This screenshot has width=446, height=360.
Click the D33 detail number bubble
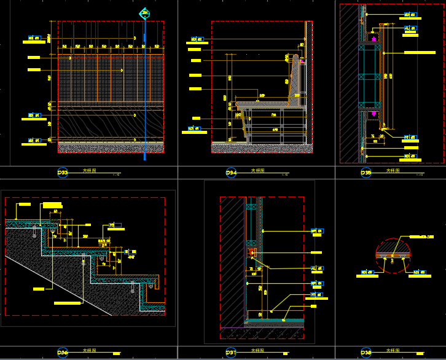pyautogui.click(x=63, y=173)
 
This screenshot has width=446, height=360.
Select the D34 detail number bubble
pyautogui.click(x=231, y=173)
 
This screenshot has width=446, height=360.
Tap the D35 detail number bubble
pyautogui.click(x=366, y=173)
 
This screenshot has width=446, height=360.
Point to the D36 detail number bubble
pyautogui.click(x=63, y=352)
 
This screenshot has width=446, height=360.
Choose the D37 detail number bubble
pyautogui.click(x=231, y=352)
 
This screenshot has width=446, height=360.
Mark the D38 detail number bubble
pyautogui.click(x=366, y=352)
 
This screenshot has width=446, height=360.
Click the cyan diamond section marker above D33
pyautogui.click(x=144, y=13)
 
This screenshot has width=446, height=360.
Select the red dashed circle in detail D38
pyautogui.click(x=392, y=256)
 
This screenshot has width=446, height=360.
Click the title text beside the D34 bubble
pyautogui.click(x=258, y=171)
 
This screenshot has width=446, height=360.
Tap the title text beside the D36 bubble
pyautogui.click(x=89, y=350)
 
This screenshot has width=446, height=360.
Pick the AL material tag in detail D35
pyautogui.click(x=410, y=28)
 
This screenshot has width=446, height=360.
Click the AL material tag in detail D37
pyautogui.click(x=317, y=268)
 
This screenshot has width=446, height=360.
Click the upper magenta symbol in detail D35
pyautogui.click(x=373, y=39)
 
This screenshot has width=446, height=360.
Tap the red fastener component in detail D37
pyautogui.click(x=251, y=252)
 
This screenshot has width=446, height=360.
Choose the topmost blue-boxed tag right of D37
pyautogui.click(x=317, y=231)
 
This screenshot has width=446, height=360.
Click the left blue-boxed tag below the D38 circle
pyautogui.click(x=367, y=272)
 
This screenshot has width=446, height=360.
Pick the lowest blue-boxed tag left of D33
pyautogui.click(x=34, y=141)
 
